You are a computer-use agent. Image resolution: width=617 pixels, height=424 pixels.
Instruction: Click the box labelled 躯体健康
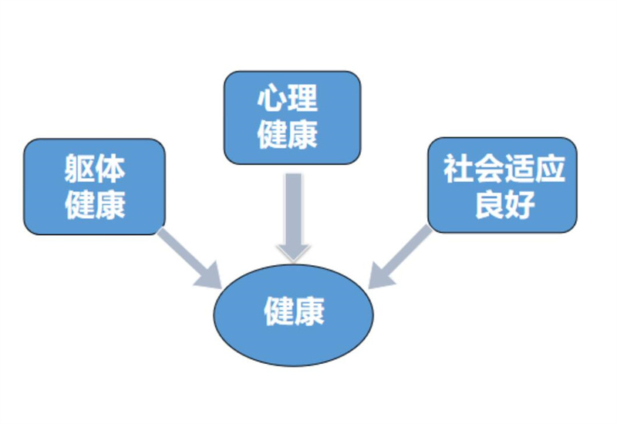(94, 187)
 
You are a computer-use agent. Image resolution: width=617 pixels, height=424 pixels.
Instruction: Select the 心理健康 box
(292, 117)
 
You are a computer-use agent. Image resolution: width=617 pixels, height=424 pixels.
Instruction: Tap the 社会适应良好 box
(502, 185)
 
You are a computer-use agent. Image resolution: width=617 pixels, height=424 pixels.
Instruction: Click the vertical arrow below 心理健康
(293, 208)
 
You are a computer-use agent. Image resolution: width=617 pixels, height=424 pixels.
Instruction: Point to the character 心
(273, 99)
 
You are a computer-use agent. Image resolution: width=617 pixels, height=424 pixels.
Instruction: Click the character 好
(519, 205)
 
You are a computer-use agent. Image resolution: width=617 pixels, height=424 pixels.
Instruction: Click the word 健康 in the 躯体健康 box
(95, 205)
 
